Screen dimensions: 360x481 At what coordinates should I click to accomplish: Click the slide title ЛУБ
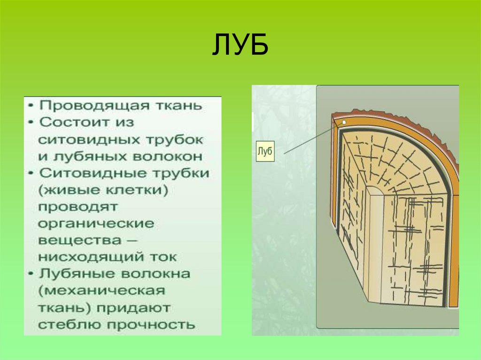240,45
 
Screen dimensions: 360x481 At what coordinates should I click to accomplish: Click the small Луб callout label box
265,151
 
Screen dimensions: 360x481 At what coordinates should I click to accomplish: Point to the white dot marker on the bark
344,123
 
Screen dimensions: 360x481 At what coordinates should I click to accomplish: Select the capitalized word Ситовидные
93,173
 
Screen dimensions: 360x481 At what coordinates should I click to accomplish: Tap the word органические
96,223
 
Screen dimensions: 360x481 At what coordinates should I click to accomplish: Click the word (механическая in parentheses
101,291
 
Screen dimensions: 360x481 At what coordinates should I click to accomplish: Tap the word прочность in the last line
158,324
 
